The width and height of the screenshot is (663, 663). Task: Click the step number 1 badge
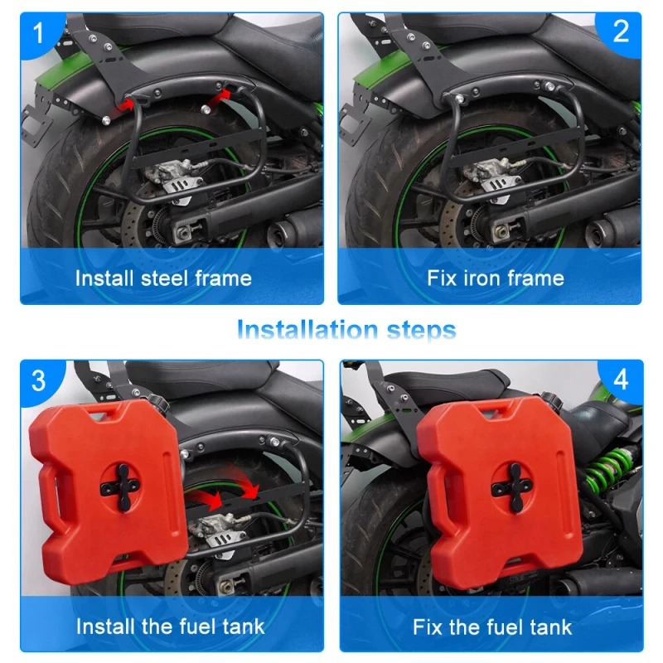38,33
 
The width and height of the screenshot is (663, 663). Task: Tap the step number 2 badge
620,31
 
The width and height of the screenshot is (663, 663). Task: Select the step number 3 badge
38,380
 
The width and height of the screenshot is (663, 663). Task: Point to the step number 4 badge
620,380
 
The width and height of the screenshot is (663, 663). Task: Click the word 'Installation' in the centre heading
307,329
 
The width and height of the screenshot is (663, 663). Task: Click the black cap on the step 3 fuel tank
157,400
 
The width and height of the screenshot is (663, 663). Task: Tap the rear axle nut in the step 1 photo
183,232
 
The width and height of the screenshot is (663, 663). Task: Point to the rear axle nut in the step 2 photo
502,232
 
